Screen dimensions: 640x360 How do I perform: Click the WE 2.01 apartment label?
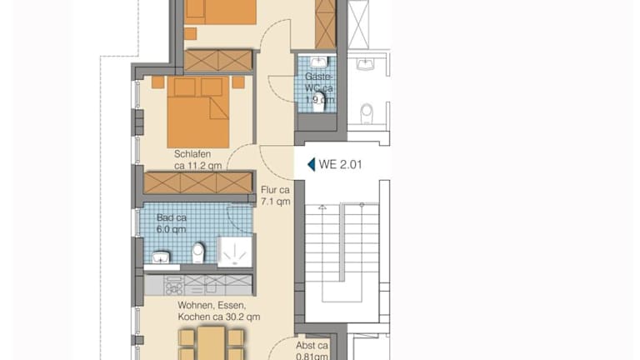(x=340, y=164)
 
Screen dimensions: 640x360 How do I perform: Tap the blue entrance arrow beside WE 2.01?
(x=311, y=164)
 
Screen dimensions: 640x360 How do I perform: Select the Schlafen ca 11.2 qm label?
(x=198, y=160)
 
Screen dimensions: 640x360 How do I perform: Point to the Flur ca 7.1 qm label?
(x=276, y=196)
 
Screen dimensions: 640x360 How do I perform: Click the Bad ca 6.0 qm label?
(x=172, y=223)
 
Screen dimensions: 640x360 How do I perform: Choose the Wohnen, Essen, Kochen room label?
(x=219, y=311)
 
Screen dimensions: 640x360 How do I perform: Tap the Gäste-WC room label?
(x=319, y=87)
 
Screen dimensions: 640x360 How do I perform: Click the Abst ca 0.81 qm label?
(x=312, y=351)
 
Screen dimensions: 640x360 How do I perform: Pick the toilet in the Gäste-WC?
(x=319, y=102)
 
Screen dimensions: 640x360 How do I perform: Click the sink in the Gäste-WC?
(x=318, y=62)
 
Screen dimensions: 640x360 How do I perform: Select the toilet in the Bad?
(x=198, y=253)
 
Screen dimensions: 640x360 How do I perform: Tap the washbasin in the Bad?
(x=161, y=257)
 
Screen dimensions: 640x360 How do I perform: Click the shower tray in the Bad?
(x=234, y=252)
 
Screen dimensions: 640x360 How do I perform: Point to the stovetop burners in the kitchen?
(x=174, y=285)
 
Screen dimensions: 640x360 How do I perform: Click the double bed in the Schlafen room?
(x=198, y=112)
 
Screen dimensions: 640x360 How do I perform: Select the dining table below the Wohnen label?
(x=211, y=343)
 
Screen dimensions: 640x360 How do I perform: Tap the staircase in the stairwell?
(x=342, y=253)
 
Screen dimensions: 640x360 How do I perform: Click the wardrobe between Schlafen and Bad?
(x=198, y=182)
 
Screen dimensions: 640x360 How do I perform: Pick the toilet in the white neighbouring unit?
(x=367, y=113)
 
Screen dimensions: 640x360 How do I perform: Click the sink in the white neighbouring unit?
(x=365, y=64)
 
